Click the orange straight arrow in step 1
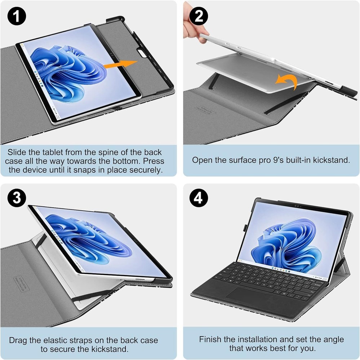pyautogui.click(x=120, y=64)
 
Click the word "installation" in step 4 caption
pyautogui.click(x=262, y=339)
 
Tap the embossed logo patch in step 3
pyautogui.click(x=21, y=284)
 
